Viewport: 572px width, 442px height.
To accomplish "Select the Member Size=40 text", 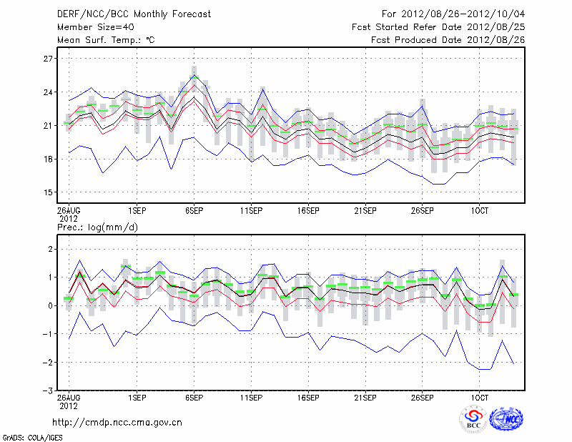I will [91, 27].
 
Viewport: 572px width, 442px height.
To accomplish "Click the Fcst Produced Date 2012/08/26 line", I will [449, 40].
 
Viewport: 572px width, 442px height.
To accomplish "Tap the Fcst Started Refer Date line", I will [439, 27].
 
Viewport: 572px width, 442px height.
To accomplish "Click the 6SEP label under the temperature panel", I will [193, 212].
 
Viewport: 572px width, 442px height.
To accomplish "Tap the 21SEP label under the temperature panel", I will [365, 212].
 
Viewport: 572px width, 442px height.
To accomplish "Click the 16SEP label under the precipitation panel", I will [307, 396].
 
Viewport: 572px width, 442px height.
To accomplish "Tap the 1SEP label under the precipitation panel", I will [137, 396].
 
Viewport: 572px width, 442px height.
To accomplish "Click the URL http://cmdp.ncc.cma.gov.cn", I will [117, 422].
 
